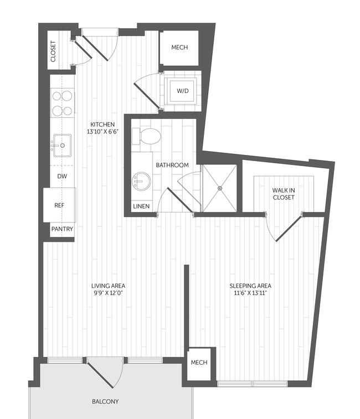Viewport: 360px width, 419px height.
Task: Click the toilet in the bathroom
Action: tap(146, 136)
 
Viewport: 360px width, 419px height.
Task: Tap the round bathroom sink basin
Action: tap(141, 182)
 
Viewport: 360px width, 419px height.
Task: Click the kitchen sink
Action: tap(63, 146)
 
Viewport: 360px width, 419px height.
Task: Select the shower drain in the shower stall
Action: tap(220, 188)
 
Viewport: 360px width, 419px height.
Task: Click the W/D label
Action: tap(183, 91)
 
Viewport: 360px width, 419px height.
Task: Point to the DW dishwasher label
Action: tap(62, 176)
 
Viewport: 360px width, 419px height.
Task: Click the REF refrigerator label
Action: tap(59, 205)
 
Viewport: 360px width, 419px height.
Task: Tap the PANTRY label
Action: tap(62, 229)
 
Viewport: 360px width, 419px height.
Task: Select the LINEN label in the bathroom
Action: tap(141, 206)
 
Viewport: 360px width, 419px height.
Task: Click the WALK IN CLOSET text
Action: tap(284, 194)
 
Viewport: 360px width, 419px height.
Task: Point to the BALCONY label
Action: tap(105, 401)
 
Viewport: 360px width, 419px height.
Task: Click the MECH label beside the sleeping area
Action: tap(199, 363)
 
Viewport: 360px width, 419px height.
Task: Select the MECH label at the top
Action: tap(179, 47)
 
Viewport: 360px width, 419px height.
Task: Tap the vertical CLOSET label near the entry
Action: tap(53, 51)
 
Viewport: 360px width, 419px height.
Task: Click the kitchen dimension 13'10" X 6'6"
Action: tap(102, 132)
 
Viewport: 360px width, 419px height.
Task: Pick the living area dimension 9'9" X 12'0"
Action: tap(109, 293)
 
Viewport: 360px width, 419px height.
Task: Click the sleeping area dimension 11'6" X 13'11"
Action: tap(250, 293)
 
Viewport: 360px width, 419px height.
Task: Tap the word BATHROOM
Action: tap(172, 165)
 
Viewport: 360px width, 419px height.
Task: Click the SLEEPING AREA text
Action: tap(250, 286)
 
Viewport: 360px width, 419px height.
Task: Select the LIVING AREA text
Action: tap(109, 286)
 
